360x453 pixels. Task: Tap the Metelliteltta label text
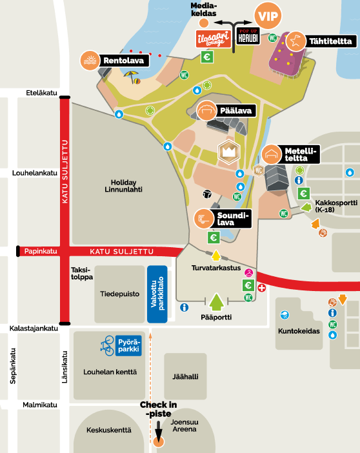click(x=302, y=154)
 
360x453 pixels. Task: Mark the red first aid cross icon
click(x=261, y=287)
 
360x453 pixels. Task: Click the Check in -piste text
click(x=159, y=409)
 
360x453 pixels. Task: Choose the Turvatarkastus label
click(x=215, y=267)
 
